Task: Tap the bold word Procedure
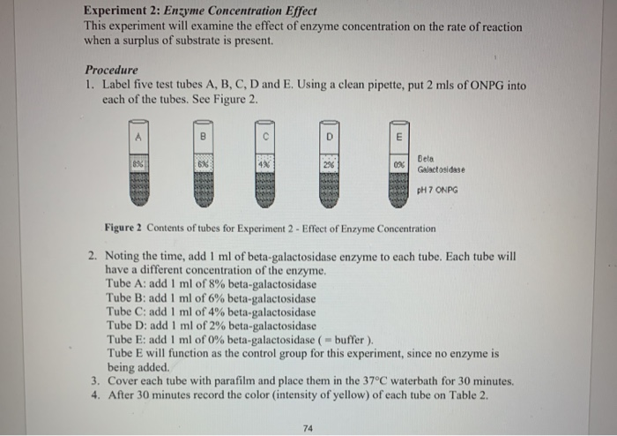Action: coord(111,70)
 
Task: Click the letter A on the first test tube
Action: coord(138,137)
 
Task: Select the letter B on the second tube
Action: coord(202,137)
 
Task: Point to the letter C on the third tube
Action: coord(265,137)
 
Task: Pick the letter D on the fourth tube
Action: coord(329,137)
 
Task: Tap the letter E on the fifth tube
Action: coord(398,137)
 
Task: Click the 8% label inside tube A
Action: coord(138,165)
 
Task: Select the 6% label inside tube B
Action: coord(202,165)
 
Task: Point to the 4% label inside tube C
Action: coord(265,165)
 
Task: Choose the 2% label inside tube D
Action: coord(329,165)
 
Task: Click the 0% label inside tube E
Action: coord(398,165)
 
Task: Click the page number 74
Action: coord(308,429)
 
